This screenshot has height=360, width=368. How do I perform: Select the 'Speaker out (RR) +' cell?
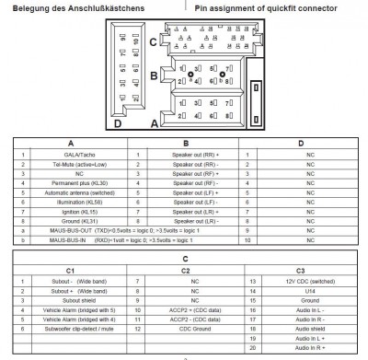click(189, 156)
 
